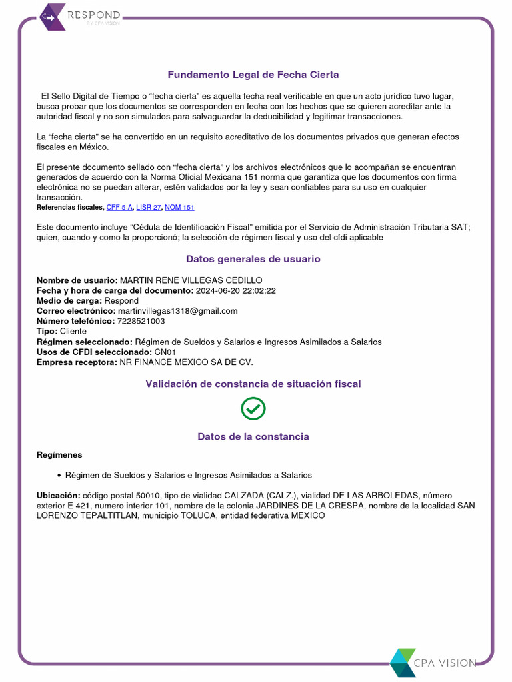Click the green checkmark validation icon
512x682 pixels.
point(253,408)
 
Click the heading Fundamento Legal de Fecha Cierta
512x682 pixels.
point(253,75)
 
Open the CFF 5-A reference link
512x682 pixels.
point(120,208)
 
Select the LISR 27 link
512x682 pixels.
point(149,208)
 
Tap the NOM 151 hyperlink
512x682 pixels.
point(179,208)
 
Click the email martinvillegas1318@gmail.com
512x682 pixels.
point(177,311)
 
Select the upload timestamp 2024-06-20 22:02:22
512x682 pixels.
point(235,290)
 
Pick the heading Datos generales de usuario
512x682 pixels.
point(253,259)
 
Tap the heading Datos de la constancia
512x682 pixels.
point(253,436)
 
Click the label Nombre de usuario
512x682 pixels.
point(77,280)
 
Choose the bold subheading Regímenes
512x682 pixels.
point(59,455)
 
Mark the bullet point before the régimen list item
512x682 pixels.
point(59,476)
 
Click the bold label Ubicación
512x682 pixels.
point(58,496)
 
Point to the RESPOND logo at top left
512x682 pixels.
point(80,16)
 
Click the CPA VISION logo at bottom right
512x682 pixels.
point(433,662)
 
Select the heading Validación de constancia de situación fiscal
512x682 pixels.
point(253,384)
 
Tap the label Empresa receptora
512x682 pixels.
point(76,362)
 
